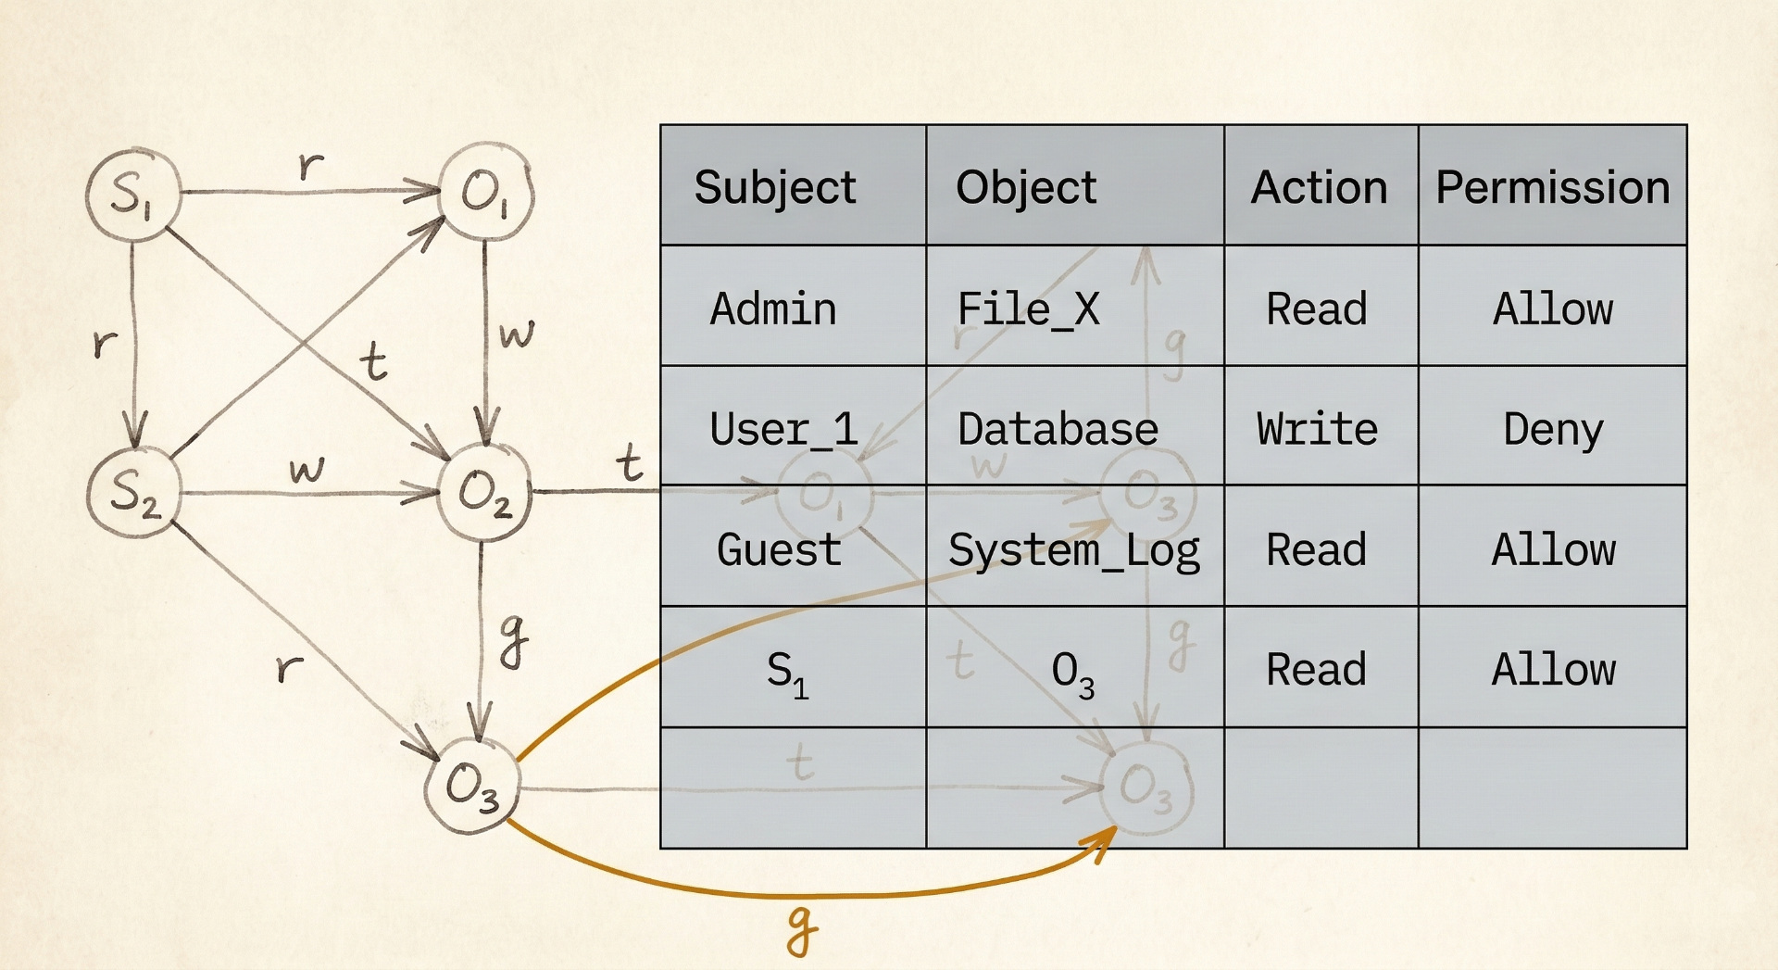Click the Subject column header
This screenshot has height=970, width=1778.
[x=775, y=187]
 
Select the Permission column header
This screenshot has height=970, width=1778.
[x=1552, y=187]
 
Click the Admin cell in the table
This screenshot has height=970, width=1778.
[x=773, y=309]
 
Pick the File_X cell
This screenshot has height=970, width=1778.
[x=1028, y=309]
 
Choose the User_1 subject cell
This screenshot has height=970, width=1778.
[x=783, y=429]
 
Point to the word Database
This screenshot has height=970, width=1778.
[x=1058, y=429]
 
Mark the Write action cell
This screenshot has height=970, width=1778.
[x=1317, y=429]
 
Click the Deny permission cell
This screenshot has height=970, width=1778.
[x=1552, y=429]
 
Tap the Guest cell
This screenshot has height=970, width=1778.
[x=779, y=549]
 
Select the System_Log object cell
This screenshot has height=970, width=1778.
[x=1074, y=550]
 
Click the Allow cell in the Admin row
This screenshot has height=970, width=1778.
[x=1552, y=309]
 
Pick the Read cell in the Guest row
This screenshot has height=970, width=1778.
[x=1316, y=549]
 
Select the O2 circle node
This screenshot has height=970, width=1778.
[x=484, y=492]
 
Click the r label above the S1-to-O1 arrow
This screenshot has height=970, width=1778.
[x=311, y=166]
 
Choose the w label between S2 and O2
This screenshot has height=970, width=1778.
[x=307, y=469]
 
